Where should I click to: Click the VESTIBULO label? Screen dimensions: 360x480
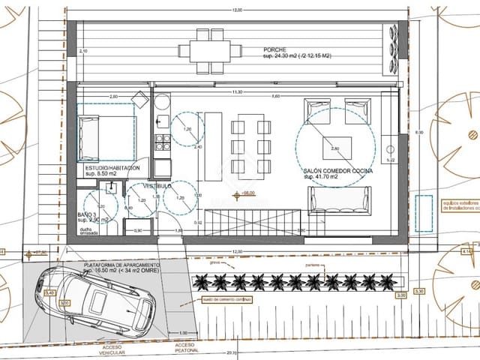point(158,184)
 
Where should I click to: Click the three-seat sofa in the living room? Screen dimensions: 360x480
point(337,200)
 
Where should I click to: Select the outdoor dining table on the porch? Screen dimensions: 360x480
point(209,51)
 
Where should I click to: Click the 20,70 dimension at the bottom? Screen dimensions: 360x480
point(231,352)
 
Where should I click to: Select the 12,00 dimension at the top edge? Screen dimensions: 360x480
point(237,10)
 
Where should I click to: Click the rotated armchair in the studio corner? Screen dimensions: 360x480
point(139,100)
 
